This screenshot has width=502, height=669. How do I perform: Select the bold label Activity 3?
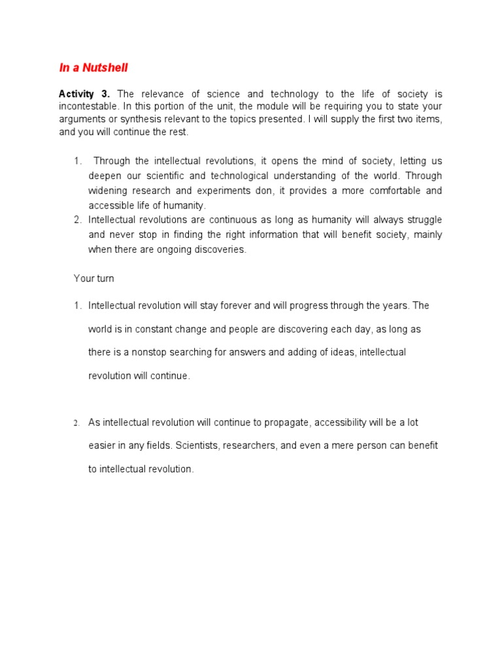click(83, 95)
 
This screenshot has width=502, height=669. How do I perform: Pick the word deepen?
click(105, 176)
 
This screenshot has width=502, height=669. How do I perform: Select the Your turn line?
click(93, 278)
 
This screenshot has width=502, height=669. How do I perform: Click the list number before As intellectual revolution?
click(76, 423)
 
